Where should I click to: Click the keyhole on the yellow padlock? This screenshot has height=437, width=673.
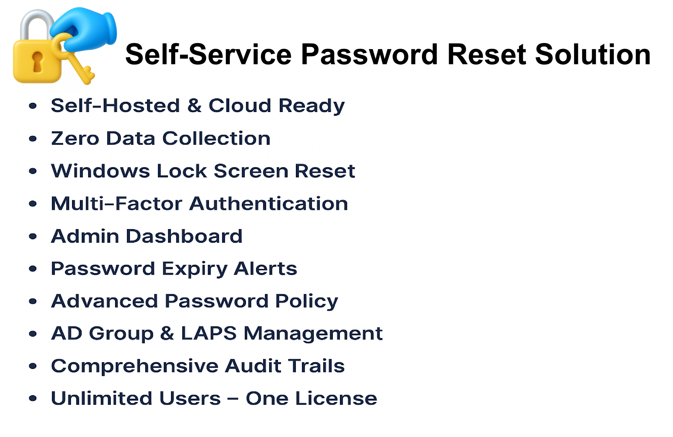pos(37,62)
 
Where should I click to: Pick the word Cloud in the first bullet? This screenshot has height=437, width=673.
pos(240,105)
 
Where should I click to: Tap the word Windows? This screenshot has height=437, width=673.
pos(100,171)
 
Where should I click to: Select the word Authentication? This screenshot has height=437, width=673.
pos(269,203)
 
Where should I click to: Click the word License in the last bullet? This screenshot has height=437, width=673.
pos(336,398)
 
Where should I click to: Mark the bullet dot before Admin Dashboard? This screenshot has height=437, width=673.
pos(33,236)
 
